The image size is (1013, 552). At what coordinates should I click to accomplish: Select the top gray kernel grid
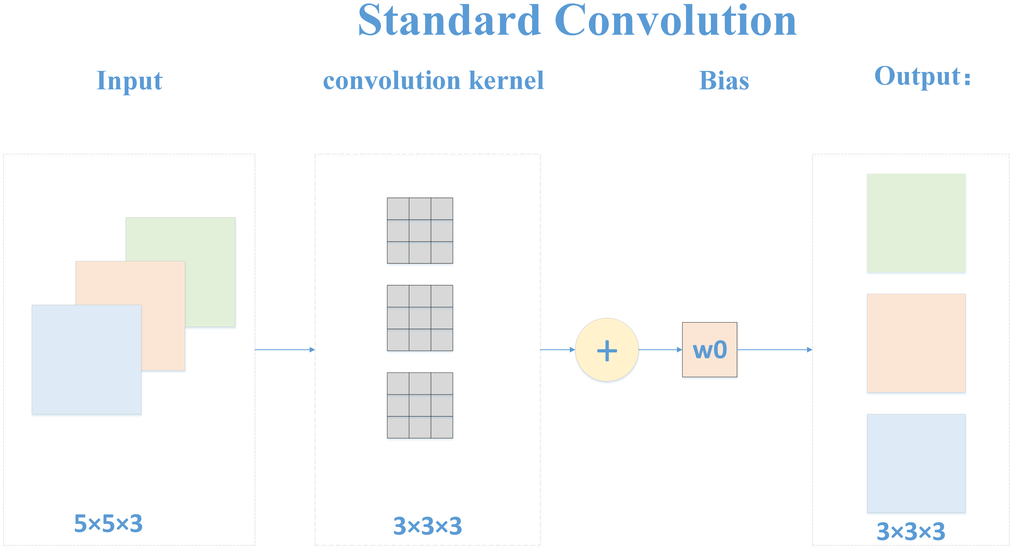point(420,230)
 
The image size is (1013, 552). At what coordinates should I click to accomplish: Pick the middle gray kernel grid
point(420,318)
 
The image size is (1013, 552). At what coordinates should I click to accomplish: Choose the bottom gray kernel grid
point(420,405)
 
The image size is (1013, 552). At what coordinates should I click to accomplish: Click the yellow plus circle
point(607,350)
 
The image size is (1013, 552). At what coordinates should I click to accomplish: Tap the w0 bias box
point(709,350)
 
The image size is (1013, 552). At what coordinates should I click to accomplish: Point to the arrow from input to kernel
point(285,350)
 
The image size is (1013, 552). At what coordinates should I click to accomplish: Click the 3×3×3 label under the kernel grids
point(428,526)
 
